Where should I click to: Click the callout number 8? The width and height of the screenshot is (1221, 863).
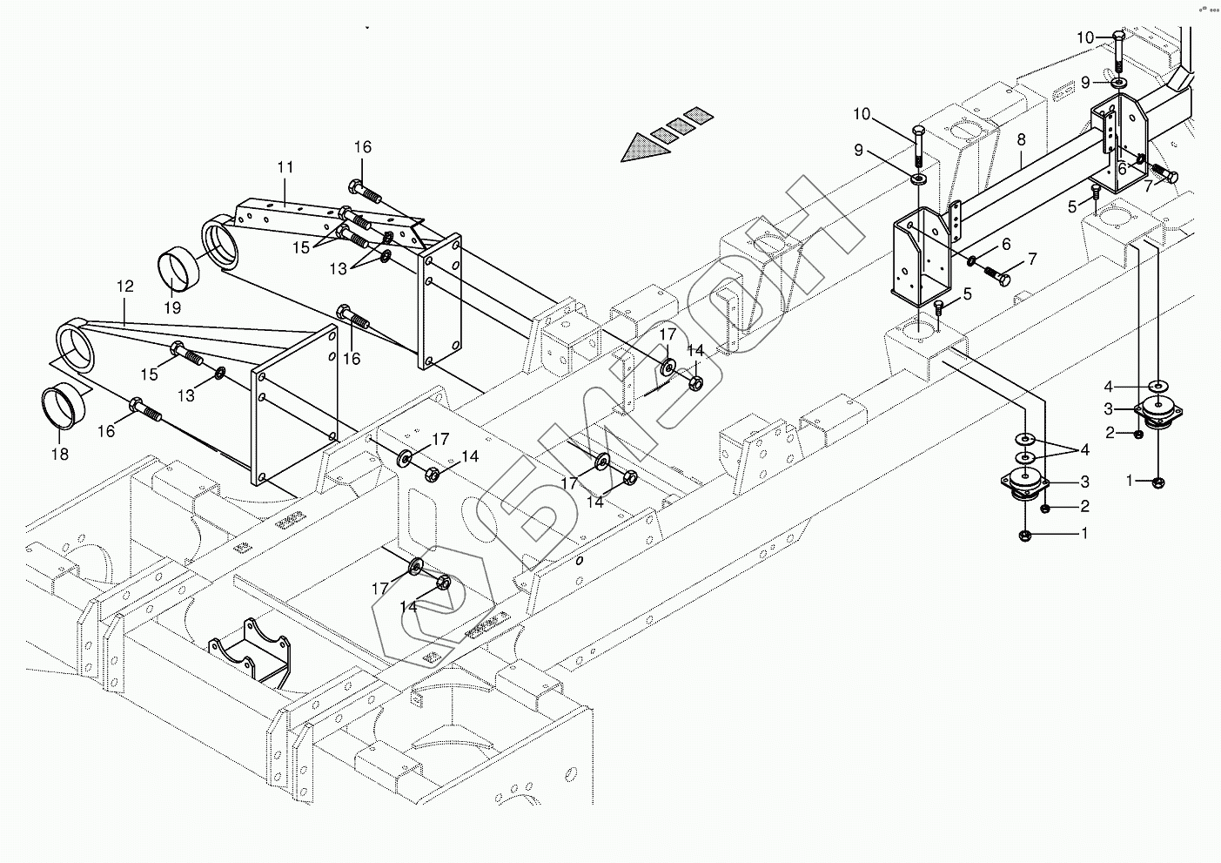(1021, 138)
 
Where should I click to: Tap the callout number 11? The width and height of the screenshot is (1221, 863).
(285, 166)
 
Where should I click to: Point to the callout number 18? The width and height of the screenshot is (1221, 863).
(59, 454)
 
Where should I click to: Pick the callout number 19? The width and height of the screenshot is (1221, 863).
(171, 307)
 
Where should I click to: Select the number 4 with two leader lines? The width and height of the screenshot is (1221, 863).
(1084, 450)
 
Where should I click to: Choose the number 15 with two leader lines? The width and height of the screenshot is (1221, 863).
(300, 247)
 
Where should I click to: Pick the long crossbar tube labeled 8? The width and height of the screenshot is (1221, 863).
(1027, 179)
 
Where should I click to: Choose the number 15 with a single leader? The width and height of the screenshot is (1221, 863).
(150, 374)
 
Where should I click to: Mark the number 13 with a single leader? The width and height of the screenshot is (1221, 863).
(187, 395)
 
